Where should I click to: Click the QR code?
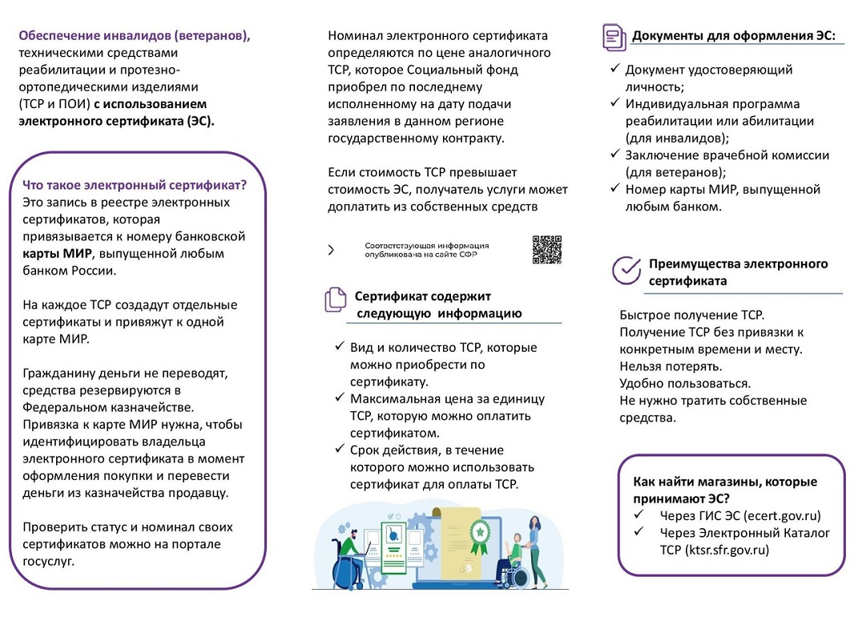click(x=547, y=249)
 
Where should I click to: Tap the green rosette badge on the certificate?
click(x=479, y=531)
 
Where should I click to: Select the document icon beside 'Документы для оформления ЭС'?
click(x=614, y=37)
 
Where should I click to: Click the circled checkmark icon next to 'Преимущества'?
click(x=626, y=271)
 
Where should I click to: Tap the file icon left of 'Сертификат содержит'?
click(x=335, y=300)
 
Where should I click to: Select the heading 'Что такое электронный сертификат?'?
click(x=135, y=185)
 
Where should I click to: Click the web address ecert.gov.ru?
click(x=782, y=516)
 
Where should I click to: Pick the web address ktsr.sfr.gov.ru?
click(x=727, y=550)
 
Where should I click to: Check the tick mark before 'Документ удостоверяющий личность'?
click(x=614, y=70)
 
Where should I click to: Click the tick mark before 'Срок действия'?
click(x=339, y=450)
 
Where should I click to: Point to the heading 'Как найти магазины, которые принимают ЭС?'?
click(x=725, y=490)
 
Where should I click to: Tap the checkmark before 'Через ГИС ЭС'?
click(x=639, y=515)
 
